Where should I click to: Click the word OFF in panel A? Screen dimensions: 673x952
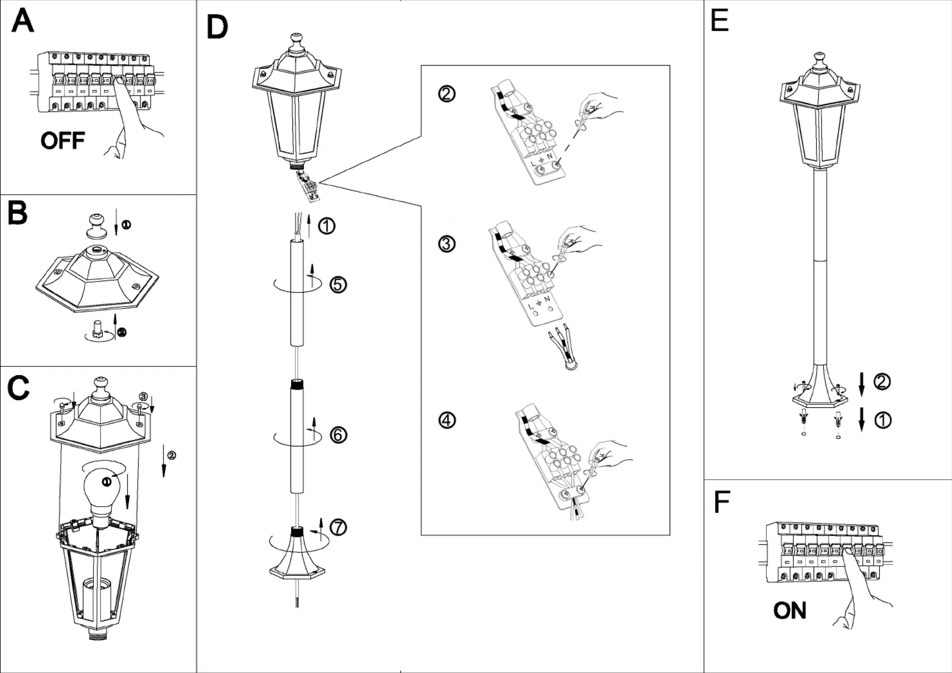tap(63, 141)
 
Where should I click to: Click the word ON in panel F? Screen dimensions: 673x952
tap(790, 611)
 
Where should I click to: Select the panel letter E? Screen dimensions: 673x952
tap(719, 21)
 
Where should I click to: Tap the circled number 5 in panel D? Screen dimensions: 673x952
tap(338, 284)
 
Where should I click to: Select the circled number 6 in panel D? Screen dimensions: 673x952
tap(338, 435)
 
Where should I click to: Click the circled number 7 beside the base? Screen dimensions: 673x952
tap(338, 527)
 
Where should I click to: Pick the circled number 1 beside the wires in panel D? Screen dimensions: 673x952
tap(327, 226)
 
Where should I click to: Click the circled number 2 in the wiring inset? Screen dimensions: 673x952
tap(447, 94)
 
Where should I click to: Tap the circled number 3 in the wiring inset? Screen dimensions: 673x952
tap(447, 244)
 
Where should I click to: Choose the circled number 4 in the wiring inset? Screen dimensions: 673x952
tap(447, 420)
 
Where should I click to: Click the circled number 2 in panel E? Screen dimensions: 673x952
tap(882, 382)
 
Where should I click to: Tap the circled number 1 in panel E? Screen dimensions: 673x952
tap(882, 420)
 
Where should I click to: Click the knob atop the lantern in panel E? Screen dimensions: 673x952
tap(819, 60)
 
